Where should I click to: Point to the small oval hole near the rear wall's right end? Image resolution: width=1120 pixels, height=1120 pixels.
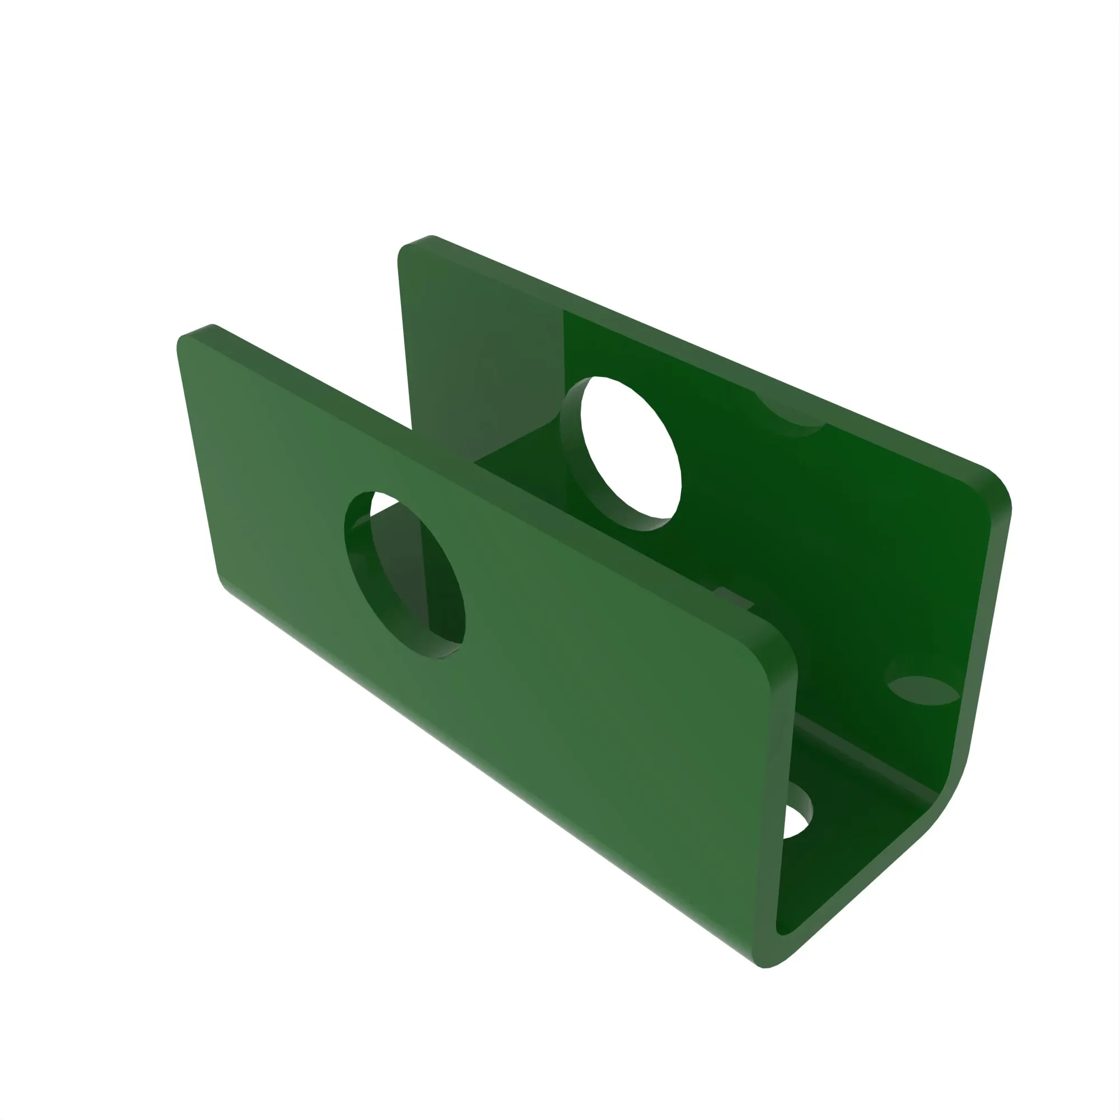coord(923,690)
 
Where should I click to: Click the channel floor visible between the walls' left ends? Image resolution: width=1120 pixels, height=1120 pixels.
coord(510,458)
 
